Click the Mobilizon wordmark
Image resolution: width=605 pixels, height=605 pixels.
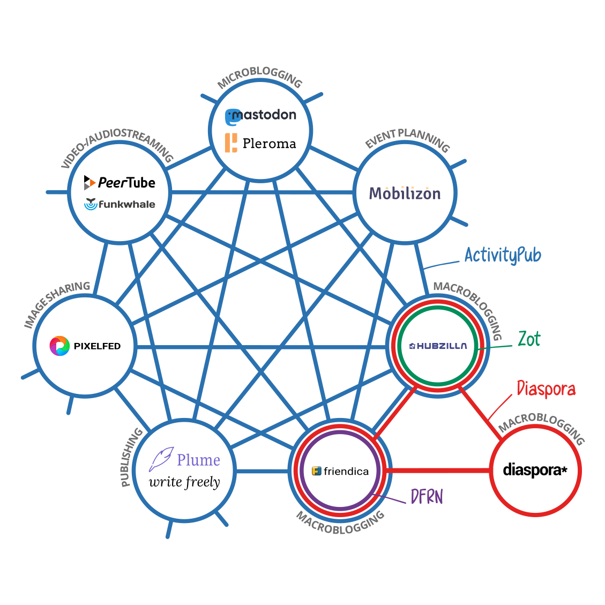(x=405, y=193)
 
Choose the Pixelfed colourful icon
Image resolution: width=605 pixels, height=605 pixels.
(x=59, y=346)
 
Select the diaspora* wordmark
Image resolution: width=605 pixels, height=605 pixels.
(x=534, y=470)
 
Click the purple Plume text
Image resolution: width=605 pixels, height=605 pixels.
(x=198, y=460)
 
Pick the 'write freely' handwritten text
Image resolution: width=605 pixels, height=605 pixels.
(x=184, y=482)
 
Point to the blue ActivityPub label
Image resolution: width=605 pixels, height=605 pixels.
(x=503, y=255)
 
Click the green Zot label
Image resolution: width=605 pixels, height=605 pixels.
(x=529, y=339)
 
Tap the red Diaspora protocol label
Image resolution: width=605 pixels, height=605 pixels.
(x=546, y=389)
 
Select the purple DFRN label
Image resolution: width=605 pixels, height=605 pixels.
(x=427, y=497)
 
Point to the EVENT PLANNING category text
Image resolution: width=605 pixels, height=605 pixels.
(x=407, y=138)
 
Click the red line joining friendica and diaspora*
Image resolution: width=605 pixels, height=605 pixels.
(x=439, y=470)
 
